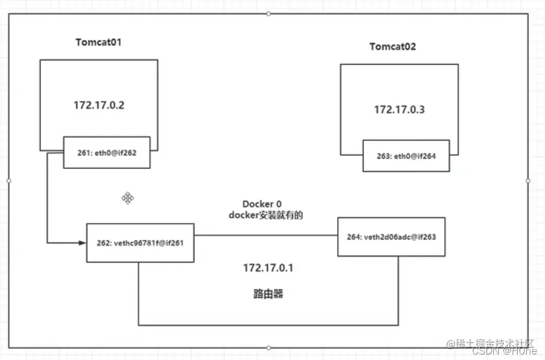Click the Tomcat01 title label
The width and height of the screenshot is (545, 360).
[x=98, y=42]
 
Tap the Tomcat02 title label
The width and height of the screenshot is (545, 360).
[x=392, y=47]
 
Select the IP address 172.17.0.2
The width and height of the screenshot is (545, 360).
[x=99, y=105]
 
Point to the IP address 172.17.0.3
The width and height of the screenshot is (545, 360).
[x=399, y=109]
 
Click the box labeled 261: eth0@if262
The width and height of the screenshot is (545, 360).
[x=107, y=152]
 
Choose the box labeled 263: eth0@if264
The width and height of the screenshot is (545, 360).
[x=406, y=156]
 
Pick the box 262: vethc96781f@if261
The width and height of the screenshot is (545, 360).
[x=140, y=243]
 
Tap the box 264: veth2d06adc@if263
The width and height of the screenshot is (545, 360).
[x=391, y=237]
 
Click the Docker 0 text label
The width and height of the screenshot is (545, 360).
[x=262, y=204]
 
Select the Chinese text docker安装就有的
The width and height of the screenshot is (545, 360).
[x=265, y=215]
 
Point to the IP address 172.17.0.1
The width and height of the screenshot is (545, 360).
[x=268, y=268]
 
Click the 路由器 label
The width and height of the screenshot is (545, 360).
[x=268, y=293]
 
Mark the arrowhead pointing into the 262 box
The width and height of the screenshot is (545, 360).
[x=82, y=243]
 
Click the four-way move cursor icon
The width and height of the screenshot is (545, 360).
[x=127, y=198]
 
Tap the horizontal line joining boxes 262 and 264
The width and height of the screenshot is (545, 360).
[x=266, y=235]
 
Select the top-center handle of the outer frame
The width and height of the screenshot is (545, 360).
[x=268, y=14]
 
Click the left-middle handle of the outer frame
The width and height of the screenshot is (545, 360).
[x=9, y=180]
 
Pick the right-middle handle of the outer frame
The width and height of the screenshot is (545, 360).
[x=528, y=180]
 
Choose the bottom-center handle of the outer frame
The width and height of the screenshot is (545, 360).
[x=268, y=347]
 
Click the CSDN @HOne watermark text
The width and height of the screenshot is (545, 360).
[x=504, y=351]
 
